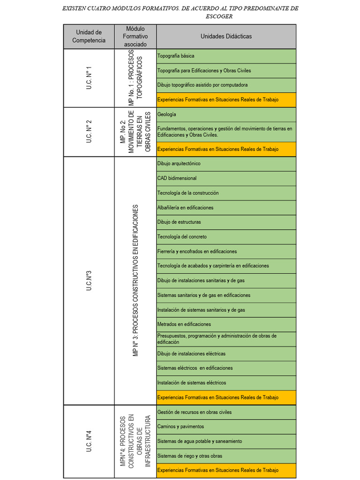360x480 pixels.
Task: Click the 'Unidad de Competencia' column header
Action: click(x=89, y=37)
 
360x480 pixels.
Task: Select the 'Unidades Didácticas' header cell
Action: click(x=226, y=37)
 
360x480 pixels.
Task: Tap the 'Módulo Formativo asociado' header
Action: click(x=135, y=37)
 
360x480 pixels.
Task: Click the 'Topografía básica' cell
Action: click(x=226, y=56)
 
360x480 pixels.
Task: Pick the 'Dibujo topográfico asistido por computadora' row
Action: click(x=226, y=85)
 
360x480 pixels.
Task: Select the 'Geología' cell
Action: click(x=226, y=114)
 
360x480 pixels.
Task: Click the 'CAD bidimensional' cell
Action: click(x=226, y=178)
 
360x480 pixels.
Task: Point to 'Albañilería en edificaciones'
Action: click(x=226, y=208)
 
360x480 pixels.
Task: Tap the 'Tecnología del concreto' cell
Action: click(x=226, y=237)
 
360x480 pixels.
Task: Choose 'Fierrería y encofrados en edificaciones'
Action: click(x=226, y=252)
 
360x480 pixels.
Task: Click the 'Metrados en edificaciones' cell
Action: click(x=226, y=324)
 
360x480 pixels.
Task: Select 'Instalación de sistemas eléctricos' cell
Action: click(x=226, y=383)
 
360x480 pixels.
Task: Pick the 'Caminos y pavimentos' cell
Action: click(x=226, y=427)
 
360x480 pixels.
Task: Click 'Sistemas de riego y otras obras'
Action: click(x=226, y=456)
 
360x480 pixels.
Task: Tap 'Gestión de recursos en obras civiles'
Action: click(x=226, y=412)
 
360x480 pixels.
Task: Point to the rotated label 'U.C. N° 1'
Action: click(x=89, y=78)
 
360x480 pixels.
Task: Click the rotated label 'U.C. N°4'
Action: click(x=89, y=441)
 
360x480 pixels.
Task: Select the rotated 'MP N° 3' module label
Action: click(x=135, y=280)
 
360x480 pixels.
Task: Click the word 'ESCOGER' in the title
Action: click(x=219, y=16)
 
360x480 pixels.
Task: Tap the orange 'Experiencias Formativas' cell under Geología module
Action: click(x=226, y=149)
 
